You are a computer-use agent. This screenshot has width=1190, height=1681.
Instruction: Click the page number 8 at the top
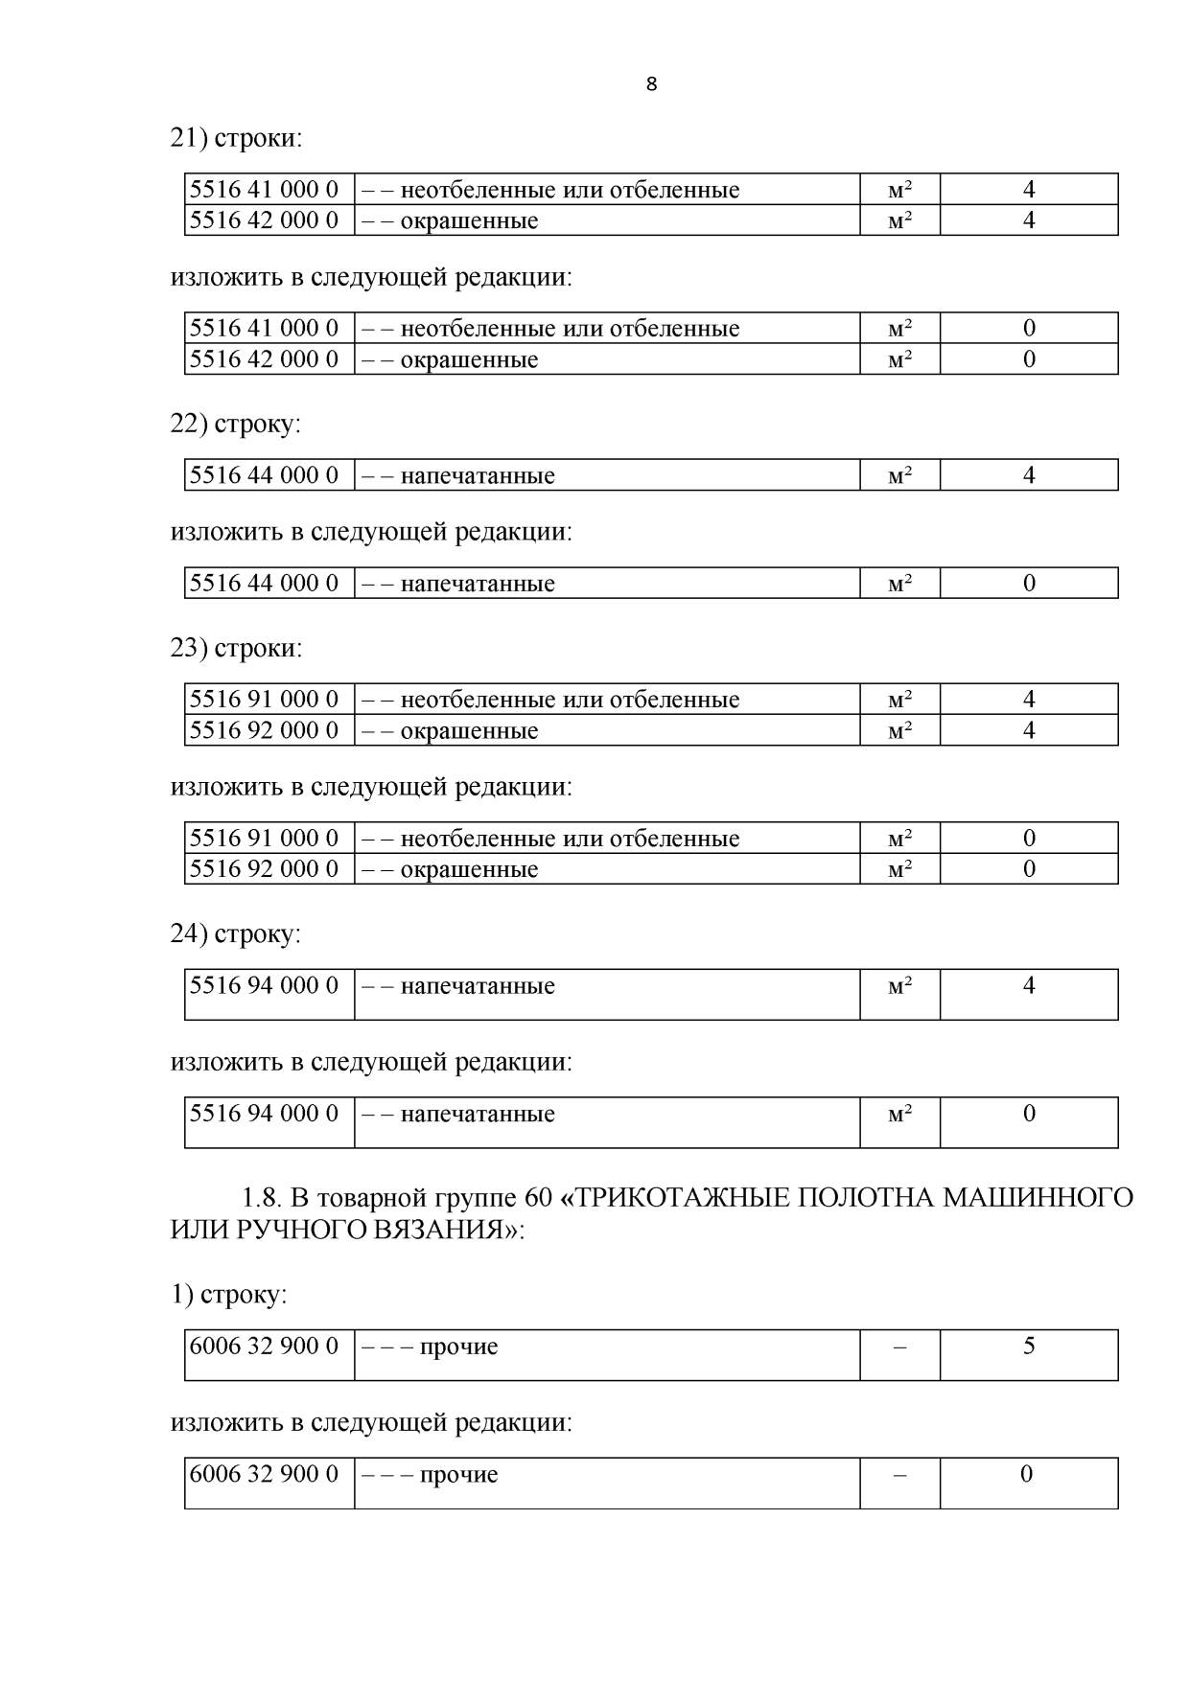(652, 84)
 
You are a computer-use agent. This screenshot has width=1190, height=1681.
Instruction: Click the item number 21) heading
(189, 138)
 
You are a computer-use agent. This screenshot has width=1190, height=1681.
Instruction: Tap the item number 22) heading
(189, 423)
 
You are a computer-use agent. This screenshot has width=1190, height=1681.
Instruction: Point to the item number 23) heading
(189, 648)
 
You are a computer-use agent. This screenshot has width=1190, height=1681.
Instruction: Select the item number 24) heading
(189, 933)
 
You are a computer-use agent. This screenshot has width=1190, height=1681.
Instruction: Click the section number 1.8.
(260, 1198)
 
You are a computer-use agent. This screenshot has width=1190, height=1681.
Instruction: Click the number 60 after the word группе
(538, 1198)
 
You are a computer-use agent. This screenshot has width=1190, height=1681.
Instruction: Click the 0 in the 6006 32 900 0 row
(1027, 1474)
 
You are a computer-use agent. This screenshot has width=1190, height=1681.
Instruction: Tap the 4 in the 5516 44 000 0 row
(1029, 475)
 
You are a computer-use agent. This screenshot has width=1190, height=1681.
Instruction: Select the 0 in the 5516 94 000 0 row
(1029, 1114)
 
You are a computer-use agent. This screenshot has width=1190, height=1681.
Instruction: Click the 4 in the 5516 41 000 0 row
(1029, 190)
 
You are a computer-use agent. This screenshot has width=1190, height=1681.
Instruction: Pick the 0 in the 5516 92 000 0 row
(1029, 869)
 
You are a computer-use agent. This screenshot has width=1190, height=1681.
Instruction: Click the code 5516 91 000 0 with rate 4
(265, 700)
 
